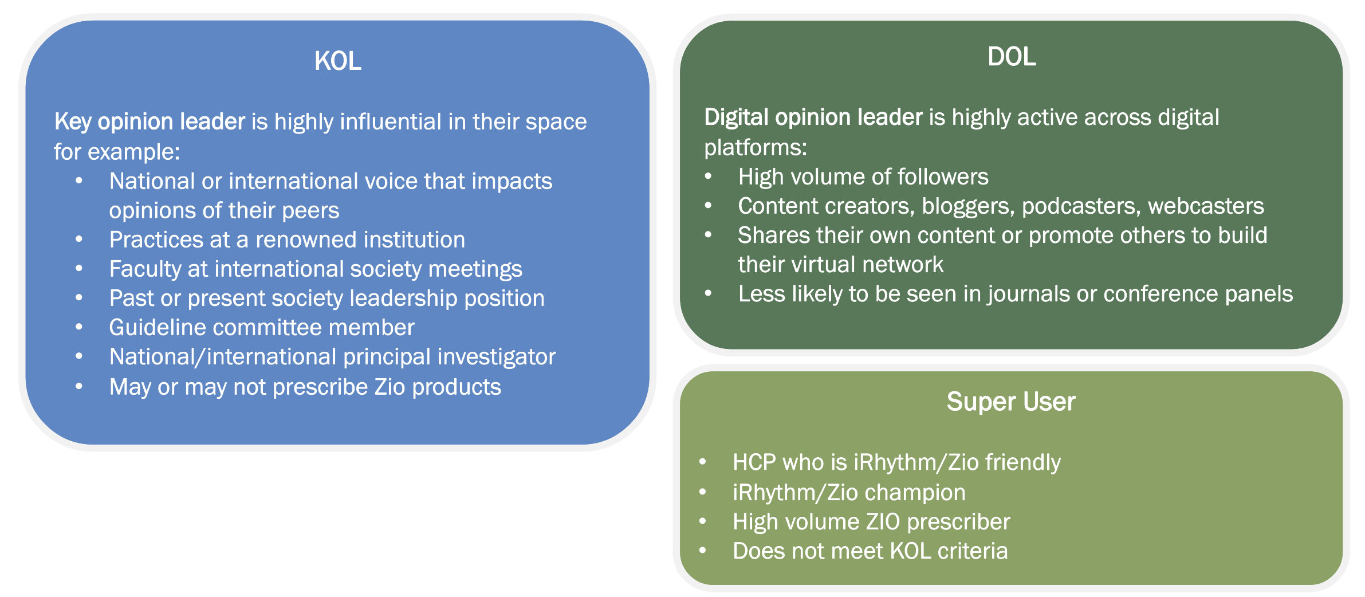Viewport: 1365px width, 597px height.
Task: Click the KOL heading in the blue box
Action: pyautogui.click(x=338, y=61)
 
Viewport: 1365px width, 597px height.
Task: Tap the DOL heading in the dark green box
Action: pyautogui.click(x=1012, y=57)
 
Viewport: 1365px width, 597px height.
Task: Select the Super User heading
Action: pyautogui.click(x=1011, y=402)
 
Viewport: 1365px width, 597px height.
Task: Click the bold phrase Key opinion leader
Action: pyautogui.click(x=150, y=122)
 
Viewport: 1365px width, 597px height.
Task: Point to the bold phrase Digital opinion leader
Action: pyautogui.click(x=813, y=117)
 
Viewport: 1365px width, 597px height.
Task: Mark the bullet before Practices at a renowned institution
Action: pyautogui.click(x=79, y=239)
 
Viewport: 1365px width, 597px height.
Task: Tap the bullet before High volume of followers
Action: pyautogui.click(x=709, y=176)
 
